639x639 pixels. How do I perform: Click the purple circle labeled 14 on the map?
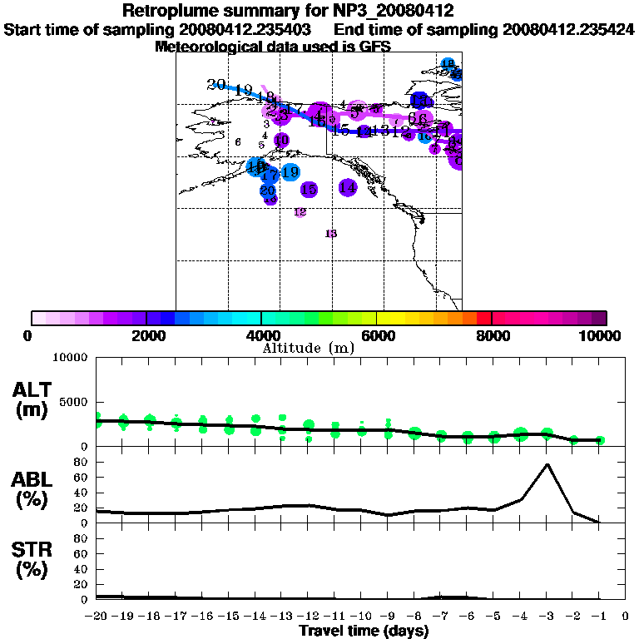pyautogui.click(x=348, y=188)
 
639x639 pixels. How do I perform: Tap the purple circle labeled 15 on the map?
pyautogui.click(x=309, y=190)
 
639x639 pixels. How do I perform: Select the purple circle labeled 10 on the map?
pyautogui.click(x=281, y=140)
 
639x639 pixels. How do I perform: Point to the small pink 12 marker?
pyautogui.click(x=300, y=212)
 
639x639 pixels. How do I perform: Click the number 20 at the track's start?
pyautogui.click(x=216, y=84)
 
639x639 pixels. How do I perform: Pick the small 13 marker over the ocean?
pyautogui.click(x=331, y=234)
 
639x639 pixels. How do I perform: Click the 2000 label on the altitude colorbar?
pyautogui.click(x=146, y=335)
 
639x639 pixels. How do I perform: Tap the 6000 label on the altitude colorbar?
pyautogui.click(x=377, y=335)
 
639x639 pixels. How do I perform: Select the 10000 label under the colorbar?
pyautogui.click(x=605, y=335)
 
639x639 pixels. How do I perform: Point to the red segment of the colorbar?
pyautogui.click(x=484, y=318)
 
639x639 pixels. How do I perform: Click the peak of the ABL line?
pyautogui.click(x=547, y=464)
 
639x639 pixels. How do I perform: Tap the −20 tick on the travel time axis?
pyautogui.click(x=97, y=616)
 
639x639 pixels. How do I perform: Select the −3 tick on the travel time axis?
pyautogui.click(x=547, y=616)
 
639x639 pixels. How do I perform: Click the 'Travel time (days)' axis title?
pyautogui.click(x=364, y=631)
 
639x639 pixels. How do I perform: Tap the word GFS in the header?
pyautogui.click(x=375, y=47)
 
